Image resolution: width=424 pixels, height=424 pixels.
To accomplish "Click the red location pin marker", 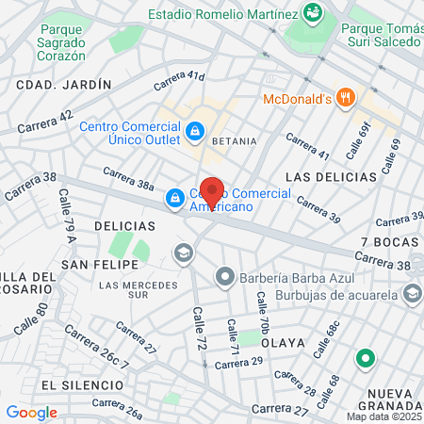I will point(212,191).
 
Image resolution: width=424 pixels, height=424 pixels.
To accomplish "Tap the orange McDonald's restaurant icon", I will point(347,97).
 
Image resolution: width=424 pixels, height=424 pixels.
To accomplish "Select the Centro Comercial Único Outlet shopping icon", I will point(195,131).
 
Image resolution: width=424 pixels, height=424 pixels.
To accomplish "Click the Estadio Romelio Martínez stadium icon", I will point(313,12).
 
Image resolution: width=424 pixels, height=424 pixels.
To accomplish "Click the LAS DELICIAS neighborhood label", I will point(330,176).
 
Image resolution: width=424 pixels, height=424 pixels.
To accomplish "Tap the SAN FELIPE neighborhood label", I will point(92,266).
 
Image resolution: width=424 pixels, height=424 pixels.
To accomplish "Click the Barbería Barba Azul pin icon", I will point(224,277).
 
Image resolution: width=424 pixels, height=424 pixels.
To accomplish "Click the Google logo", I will point(31,412).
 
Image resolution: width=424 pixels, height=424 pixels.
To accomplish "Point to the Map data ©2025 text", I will point(383,416).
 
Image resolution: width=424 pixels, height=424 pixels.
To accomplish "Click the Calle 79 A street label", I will point(68,224).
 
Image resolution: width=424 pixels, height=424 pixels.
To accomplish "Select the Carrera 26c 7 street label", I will point(96,350).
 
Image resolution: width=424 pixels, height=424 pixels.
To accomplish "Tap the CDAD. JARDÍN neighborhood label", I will point(64,84).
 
